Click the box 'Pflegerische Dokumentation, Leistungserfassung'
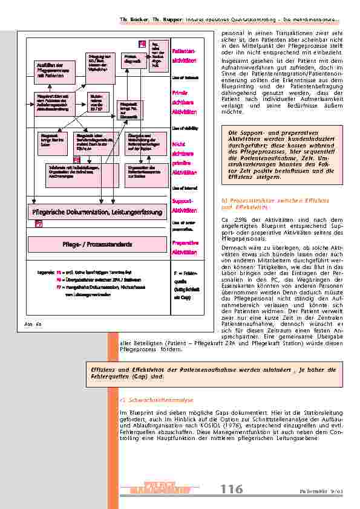tap(100, 212)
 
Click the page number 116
tap(231, 488)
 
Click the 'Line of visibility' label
tap(183, 129)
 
